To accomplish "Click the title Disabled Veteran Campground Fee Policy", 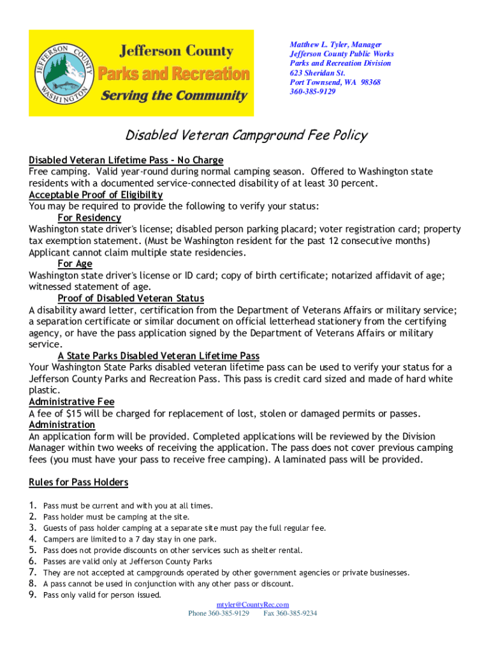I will click(x=246, y=135).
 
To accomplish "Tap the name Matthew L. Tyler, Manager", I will click(x=335, y=45).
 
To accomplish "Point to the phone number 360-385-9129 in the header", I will click(x=312, y=92).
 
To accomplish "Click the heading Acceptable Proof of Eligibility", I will click(x=96, y=195).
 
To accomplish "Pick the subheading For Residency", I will click(x=89, y=218).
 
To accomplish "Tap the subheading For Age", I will click(x=75, y=264).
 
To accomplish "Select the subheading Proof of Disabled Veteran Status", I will click(x=131, y=298).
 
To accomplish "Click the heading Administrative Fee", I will click(x=71, y=402).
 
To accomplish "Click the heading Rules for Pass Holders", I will click(x=78, y=482).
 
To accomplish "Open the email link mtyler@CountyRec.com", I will click(x=253, y=604).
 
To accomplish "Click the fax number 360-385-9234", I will click(x=290, y=614).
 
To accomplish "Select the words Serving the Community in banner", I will click(x=174, y=96).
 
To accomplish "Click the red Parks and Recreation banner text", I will click(x=175, y=74).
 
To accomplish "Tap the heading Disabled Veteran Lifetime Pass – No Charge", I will click(x=126, y=160).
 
